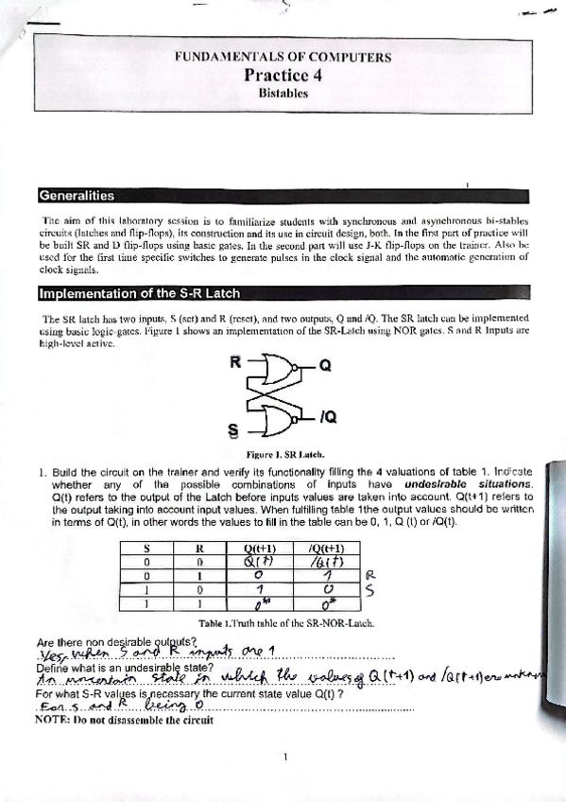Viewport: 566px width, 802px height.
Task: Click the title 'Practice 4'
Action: coord(283,76)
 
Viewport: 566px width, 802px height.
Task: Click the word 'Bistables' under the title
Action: coord(283,94)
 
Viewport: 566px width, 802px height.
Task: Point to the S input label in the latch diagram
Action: coord(233,431)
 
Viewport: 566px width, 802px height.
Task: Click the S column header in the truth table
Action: coord(147,548)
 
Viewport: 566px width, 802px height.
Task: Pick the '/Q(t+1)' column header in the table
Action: coord(327,548)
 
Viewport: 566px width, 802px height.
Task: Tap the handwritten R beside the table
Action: coord(370,574)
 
